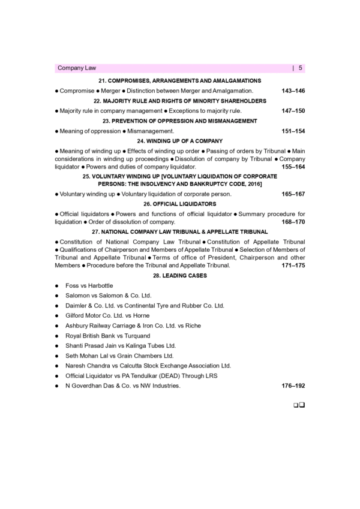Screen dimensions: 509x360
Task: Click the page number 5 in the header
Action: (300, 68)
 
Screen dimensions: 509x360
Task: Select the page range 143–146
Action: (293, 91)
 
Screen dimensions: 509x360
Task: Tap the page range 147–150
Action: (293, 111)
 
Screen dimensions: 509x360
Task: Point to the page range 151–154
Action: (293, 131)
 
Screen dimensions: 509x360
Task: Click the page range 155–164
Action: (293, 167)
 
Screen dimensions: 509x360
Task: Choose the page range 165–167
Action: (293, 194)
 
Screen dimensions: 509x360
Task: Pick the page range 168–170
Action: (293, 222)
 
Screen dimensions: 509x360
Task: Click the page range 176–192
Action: (293, 387)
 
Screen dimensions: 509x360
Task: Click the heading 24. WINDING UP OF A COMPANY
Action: (180, 140)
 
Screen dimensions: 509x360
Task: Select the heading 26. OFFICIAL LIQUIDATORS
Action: (180, 204)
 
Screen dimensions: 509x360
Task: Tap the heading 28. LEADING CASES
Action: (180, 275)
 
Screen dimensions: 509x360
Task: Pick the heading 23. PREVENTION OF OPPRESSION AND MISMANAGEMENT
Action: (180, 121)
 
